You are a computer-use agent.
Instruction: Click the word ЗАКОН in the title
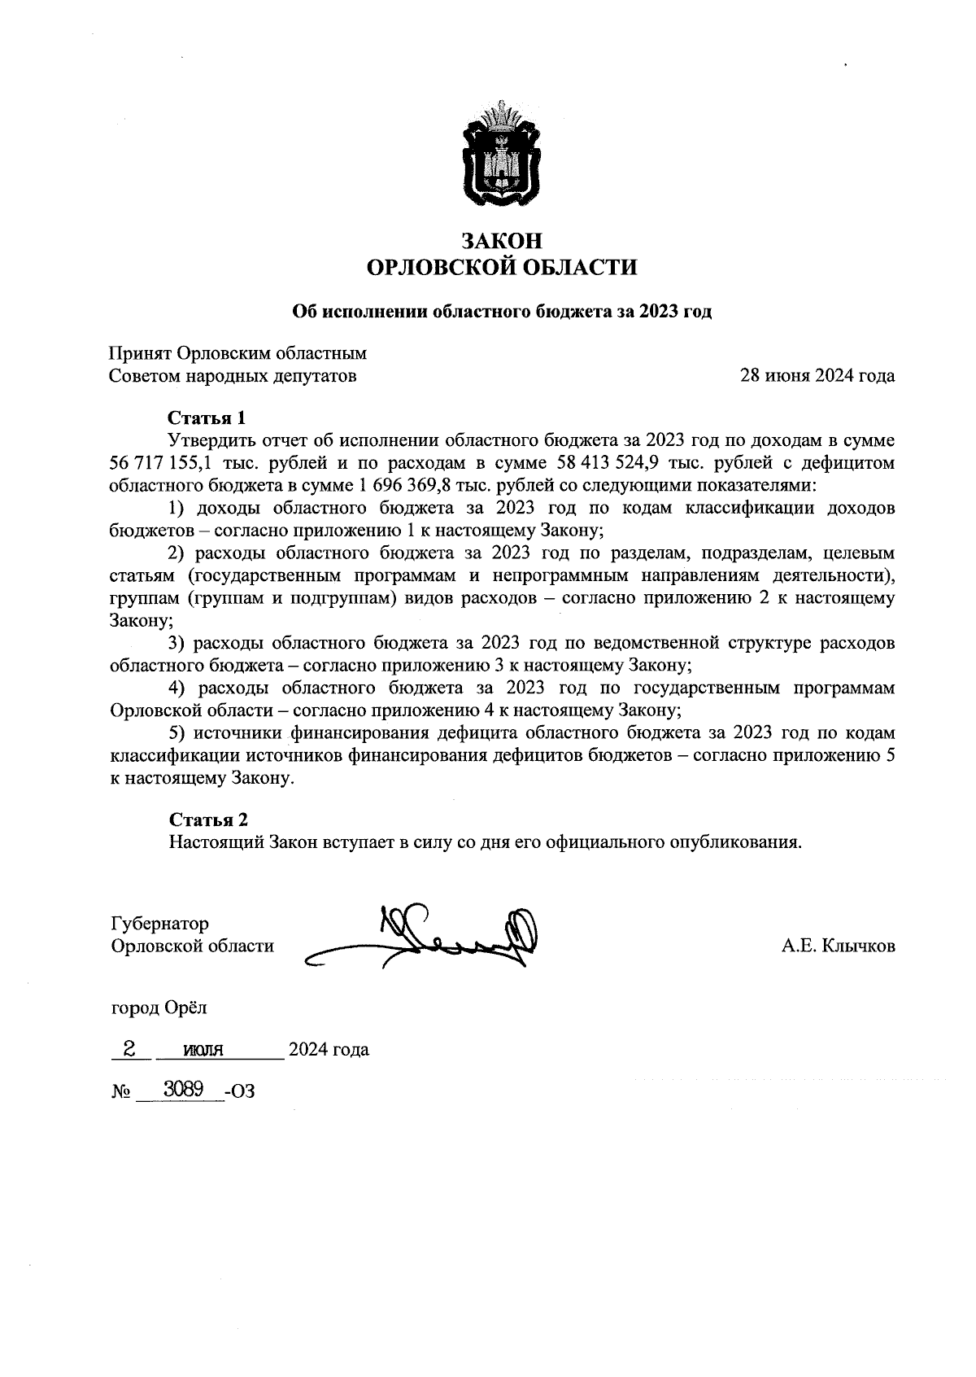tap(501, 242)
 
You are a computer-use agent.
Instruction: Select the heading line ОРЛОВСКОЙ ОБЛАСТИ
tap(501, 268)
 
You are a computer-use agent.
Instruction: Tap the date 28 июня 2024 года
tap(817, 376)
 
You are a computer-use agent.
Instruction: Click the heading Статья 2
tap(208, 820)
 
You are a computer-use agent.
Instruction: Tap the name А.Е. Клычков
tap(838, 946)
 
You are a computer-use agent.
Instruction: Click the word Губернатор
tap(159, 924)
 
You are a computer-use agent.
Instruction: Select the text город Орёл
tap(159, 1008)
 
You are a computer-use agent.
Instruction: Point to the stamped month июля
tap(203, 1050)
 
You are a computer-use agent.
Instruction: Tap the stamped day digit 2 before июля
tap(129, 1048)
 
